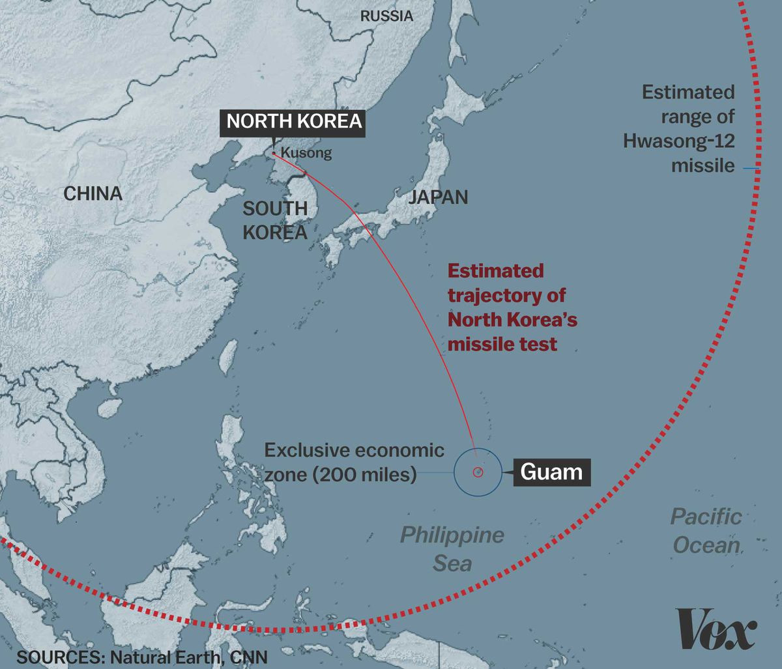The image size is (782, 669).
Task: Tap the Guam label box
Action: pyautogui.click(x=552, y=471)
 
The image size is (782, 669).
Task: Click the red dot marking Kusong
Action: pyautogui.click(x=274, y=154)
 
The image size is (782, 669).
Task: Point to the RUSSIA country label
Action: pyautogui.click(x=386, y=16)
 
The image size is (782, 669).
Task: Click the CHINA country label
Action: pyautogui.click(x=93, y=193)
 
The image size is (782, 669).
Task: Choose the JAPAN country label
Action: pyautogui.click(x=438, y=197)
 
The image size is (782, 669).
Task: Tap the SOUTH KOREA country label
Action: pyautogui.click(x=274, y=220)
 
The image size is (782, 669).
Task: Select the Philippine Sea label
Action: pyautogui.click(x=452, y=548)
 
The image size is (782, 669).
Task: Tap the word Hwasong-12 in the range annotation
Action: pyautogui.click(x=678, y=140)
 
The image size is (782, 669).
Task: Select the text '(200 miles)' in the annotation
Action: pyautogui.click(x=364, y=475)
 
